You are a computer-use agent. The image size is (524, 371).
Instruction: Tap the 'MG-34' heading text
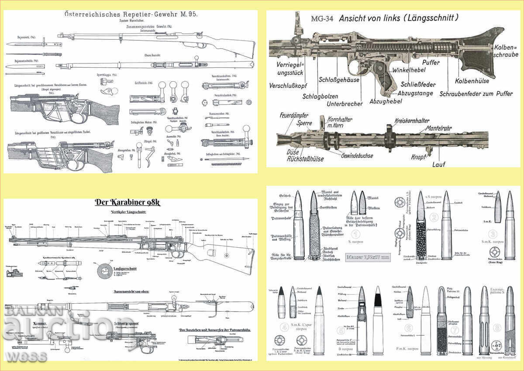coord(323,19)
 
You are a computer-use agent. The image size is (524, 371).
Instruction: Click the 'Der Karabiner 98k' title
coord(128,203)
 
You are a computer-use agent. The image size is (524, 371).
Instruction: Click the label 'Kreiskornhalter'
coord(412,121)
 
